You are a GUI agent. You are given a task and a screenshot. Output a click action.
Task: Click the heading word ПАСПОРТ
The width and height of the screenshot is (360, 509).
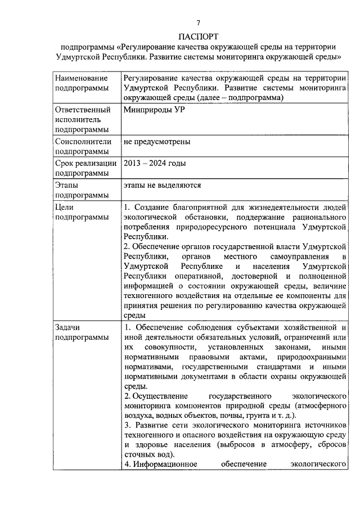[198, 35]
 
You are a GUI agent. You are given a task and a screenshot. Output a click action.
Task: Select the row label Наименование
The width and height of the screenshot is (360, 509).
[80, 79]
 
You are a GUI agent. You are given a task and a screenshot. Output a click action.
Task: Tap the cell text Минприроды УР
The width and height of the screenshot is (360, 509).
[154, 110]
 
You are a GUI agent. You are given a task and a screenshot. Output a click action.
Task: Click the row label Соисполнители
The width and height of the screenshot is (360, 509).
[83, 141]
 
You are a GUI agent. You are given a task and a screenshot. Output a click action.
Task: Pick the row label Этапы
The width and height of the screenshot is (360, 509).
[67, 184]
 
